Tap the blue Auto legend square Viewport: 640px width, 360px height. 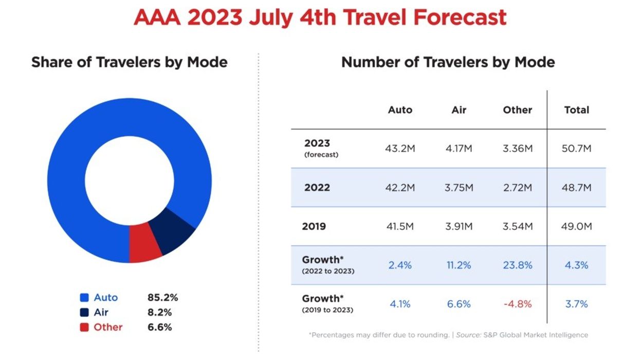tap(85, 297)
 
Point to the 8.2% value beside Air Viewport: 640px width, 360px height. tap(159, 312)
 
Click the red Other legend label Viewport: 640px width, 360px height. tap(108, 327)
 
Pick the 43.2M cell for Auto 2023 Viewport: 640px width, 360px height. tap(400, 149)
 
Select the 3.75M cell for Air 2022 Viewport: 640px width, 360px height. tap(459, 188)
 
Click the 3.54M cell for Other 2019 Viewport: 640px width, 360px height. tap(517, 226)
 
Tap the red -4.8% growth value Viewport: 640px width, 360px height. tap(517, 304)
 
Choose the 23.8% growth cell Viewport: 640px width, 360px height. tap(517, 265)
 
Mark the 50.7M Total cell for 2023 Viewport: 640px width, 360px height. tap(576, 149)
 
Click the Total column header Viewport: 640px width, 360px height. tap(576, 110)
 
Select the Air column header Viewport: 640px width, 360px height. tap(459, 110)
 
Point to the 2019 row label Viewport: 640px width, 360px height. tap(315, 226)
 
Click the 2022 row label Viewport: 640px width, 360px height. tap(317, 188)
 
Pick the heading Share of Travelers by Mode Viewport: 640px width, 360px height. tap(129, 62)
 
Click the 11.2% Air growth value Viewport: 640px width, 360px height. tap(459, 265)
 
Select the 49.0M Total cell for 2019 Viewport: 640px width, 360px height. tap(576, 226)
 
